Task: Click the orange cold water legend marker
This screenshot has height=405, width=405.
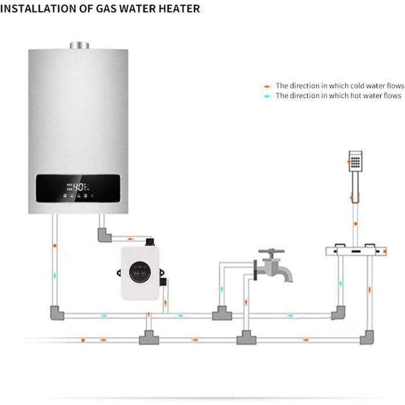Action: [x=267, y=86]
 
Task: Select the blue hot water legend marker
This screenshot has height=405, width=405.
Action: [x=267, y=96]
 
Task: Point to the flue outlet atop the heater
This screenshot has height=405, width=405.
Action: [x=79, y=45]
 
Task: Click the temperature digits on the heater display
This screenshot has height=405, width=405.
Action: [x=80, y=187]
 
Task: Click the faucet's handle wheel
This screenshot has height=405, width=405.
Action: [x=270, y=253]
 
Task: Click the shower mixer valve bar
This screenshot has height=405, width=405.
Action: [x=355, y=251]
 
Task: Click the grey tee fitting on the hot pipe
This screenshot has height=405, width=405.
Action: [x=222, y=314]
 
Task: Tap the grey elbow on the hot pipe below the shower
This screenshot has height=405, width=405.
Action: [x=339, y=313]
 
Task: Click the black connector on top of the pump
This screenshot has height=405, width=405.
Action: [x=149, y=240]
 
